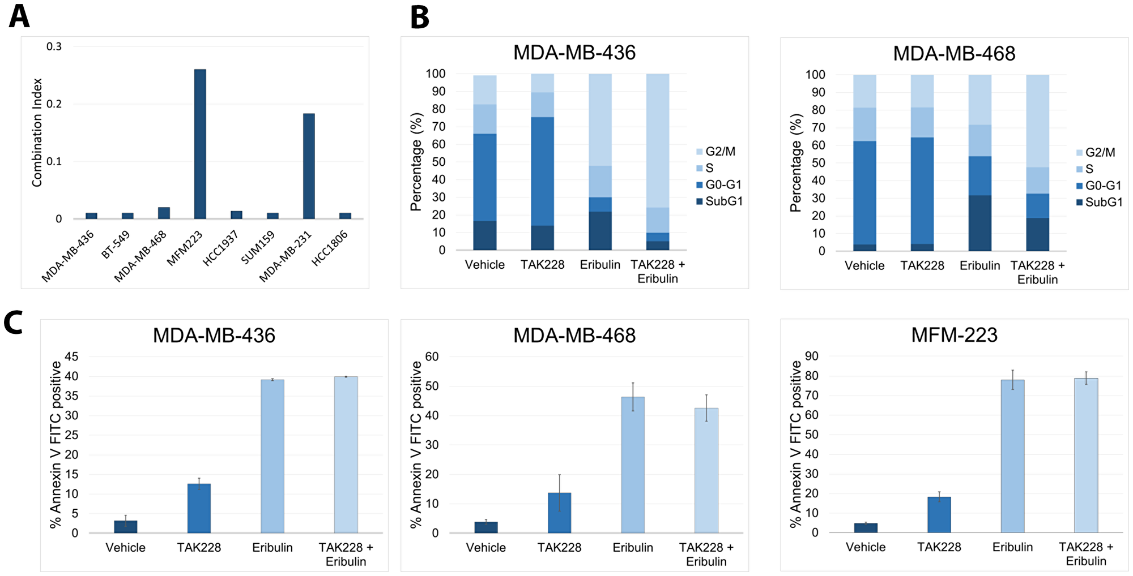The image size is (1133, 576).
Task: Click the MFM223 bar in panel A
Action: pyautogui.click(x=200, y=144)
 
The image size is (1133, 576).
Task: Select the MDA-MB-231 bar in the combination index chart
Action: pyautogui.click(x=309, y=166)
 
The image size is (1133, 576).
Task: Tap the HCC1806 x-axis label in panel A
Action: pyautogui.click(x=330, y=248)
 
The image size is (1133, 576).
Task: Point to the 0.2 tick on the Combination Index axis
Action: pyautogui.click(x=54, y=104)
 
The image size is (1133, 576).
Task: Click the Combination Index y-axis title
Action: pyautogui.click(x=37, y=132)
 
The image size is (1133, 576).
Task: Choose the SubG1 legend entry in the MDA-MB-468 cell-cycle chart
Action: pyautogui.click(x=1098, y=202)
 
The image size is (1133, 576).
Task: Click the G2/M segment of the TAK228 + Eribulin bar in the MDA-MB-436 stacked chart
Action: pyautogui.click(x=657, y=140)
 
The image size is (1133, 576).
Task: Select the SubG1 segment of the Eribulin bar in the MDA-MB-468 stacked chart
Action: pyautogui.click(x=979, y=223)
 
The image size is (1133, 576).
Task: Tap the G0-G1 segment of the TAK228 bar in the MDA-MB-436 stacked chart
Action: pyautogui.click(x=542, y=171)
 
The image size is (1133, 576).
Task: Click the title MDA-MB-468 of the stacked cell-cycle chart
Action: pyautogui.click(x=954, y=54)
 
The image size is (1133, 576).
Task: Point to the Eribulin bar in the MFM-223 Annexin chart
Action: pyautogui.click(x=1012, y=455)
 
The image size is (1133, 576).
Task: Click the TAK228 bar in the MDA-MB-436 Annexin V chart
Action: pyautogui.click(x=199, y=508)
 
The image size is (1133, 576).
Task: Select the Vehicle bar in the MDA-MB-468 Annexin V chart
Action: pyautogui.click(x=485, y=527)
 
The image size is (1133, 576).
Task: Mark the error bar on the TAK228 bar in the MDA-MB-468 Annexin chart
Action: pyautogui.click(x=559, y=492)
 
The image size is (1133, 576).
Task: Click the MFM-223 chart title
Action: pyautogui.click(x=954, y=335)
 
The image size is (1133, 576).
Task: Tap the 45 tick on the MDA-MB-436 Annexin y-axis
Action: pyautogui.click(x=71, y=356)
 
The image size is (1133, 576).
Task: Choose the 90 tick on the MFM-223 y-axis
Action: pyautogui.click(x=811, y=356)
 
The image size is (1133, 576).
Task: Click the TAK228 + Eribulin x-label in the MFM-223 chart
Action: pyautogui.click(x=1085, y=554)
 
